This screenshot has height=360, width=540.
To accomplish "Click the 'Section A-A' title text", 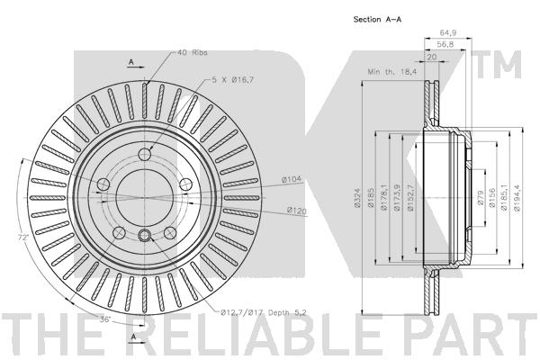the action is tap(377, 19).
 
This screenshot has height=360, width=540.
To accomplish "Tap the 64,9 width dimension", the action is tap(448, 32).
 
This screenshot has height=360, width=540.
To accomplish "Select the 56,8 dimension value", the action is tap(445, 44).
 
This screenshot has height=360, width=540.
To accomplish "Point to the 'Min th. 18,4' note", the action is tap(391, 72).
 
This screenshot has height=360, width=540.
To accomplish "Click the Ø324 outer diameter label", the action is tap(357, 198).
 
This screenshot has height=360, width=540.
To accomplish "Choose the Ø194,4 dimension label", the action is tap(517, 198).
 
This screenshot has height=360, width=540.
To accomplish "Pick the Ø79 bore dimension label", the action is tap(481, 198).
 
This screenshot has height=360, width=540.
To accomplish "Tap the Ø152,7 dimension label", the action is tap(410, 198).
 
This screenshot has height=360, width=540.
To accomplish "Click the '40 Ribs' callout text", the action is tap(193, 52).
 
